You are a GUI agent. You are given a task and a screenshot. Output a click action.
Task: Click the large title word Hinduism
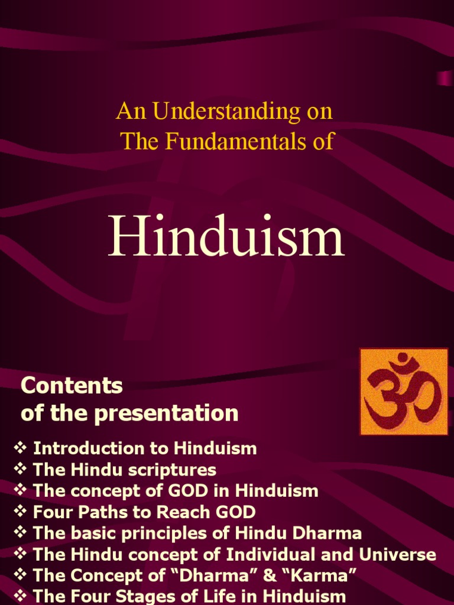tap(226, 238)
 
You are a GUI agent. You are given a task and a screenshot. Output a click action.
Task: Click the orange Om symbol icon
tap(404, 392)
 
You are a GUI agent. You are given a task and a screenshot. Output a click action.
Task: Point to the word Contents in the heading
tap(72, 386)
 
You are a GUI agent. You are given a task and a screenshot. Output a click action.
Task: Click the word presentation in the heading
tap(171, 413)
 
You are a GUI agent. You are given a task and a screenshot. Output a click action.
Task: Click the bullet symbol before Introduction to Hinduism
tap(21, 448)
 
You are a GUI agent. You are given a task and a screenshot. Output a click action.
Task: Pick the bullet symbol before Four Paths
tap(21, 512)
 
